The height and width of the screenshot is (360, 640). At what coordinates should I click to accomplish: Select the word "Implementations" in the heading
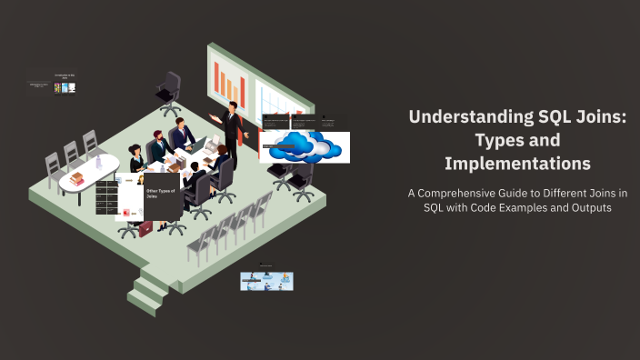pos(517,164)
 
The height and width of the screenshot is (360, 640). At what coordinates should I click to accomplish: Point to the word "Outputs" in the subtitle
pos(587,207)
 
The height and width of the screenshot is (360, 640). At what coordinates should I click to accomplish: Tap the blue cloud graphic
pos(305,145)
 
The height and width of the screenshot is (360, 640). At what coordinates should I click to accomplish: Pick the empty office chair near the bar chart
pos(169,92)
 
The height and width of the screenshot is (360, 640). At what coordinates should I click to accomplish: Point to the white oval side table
pos(91,174)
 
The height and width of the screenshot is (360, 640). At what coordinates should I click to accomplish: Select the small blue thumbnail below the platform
pos(266,281)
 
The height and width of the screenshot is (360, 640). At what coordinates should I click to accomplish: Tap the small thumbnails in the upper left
pos(65,87)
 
